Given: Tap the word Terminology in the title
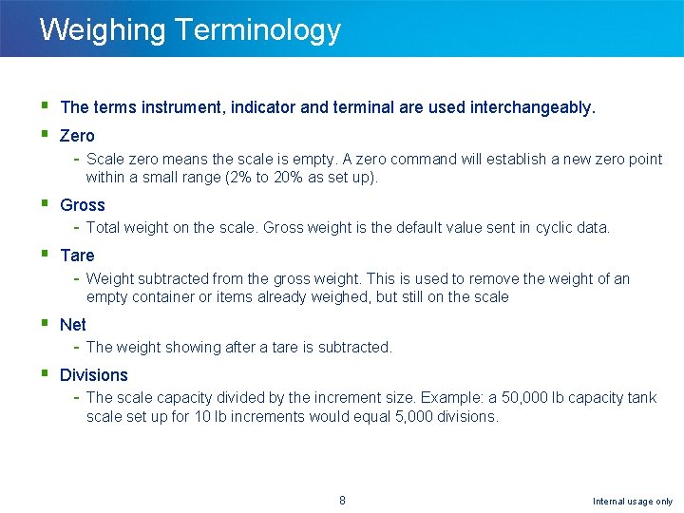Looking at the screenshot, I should [x=257, y=29].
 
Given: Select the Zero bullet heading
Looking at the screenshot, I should [x=77, y=136].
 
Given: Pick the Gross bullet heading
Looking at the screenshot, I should [x=83, y=205].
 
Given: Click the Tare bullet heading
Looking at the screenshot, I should [x=77, y=256].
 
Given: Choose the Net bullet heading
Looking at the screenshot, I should [x=73, y=325].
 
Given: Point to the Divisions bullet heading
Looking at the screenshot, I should [x=93, y=375].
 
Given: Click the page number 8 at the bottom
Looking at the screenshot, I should [x=342, y=501].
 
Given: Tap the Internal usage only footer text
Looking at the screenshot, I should [x=633, y=502].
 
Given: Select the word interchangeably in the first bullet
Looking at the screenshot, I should [x=533, y=107].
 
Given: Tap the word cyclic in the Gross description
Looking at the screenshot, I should [x=553, y=228].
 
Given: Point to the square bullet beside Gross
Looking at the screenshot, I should [x=45, y=204].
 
